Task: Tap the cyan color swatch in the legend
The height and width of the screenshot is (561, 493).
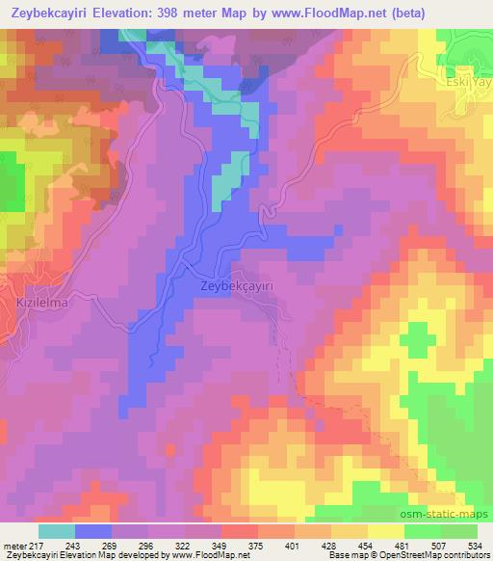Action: [57, 531]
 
